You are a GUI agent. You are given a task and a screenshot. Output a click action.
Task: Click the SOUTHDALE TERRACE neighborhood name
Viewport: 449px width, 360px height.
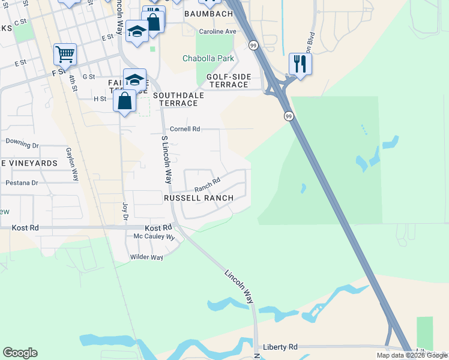[178, 99]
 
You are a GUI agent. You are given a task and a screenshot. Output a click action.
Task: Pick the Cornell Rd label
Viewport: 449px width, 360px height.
[184, 129]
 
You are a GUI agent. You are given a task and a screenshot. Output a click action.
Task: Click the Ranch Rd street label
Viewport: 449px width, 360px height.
[207, 182]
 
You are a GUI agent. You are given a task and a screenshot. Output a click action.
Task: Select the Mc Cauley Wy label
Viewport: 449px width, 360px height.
[154, 237]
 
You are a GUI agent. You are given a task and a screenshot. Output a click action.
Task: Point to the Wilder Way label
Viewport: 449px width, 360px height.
[146, 257]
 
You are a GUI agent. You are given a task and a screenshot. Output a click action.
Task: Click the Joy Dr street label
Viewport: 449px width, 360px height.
[125, 211]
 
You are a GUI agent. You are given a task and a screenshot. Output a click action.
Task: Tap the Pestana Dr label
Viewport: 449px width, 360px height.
[22, 182]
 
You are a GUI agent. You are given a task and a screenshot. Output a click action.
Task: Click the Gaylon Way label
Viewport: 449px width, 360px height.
[72, 164]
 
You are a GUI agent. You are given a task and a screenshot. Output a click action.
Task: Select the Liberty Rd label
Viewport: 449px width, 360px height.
[280, 347]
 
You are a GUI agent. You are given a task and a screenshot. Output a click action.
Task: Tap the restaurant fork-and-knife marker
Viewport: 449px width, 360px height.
[300, 63]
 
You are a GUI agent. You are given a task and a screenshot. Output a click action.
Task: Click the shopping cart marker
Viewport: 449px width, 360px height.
[65, 54]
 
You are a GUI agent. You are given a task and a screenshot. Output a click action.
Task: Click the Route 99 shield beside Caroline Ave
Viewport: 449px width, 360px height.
[254, 45]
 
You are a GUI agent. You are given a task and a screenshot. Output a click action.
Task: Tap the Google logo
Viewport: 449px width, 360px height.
[20, 353]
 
